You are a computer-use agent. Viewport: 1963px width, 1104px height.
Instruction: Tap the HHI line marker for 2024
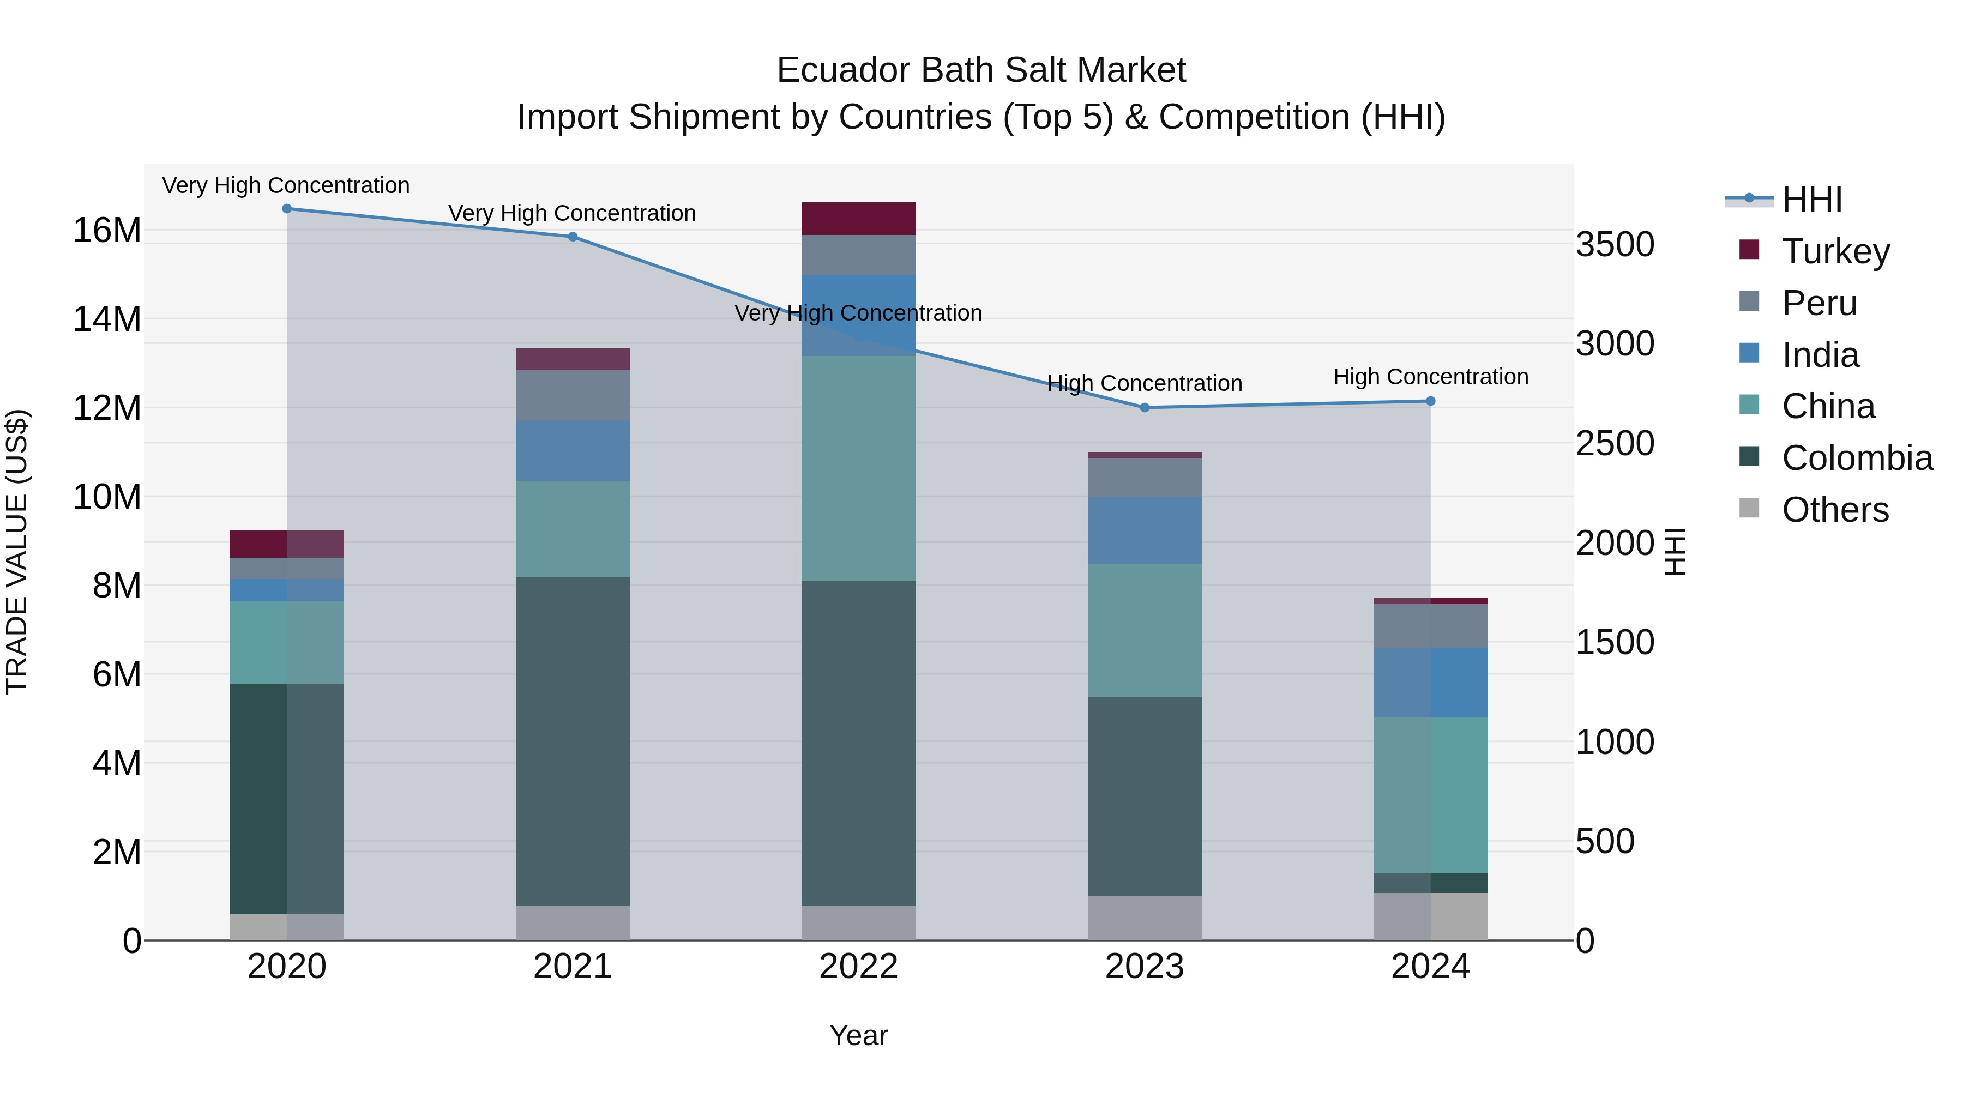pyautogui.click(x=1430, y=401)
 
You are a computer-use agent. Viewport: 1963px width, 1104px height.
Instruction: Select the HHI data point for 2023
pyautogui.click(x=1145, y=408)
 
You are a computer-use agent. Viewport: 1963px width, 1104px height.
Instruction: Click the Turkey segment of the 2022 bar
pyautogui.click(x=859, y=219)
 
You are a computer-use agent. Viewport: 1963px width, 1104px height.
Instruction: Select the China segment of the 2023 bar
pyautogui.click(x=1145, y=630)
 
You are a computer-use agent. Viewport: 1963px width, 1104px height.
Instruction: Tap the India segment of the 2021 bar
pyautogui.click(x=573, y=450)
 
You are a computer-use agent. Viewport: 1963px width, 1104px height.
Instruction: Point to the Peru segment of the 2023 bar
pyautogui.click(x=1145, y=477)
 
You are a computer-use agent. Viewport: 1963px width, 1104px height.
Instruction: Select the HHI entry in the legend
pyautogui.click(x=1811, y=200)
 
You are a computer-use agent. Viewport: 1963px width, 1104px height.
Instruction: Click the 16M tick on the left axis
pyautogui.click(x=107, y=230)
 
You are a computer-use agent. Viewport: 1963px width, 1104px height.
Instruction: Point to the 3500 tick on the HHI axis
pyautogui.click(x=1615, y=245)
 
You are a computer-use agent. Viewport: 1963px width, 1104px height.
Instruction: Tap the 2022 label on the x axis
pyautogui.click(x=859, y=967)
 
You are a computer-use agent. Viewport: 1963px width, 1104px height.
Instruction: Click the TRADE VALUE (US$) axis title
pyautogui.click(x=17, y=552)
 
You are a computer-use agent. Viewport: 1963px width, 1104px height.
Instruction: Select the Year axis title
pyautogui.click(x=859, y=1035)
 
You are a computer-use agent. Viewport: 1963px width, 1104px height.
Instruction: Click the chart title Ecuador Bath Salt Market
pyautogui.click(x=981, y=70)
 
